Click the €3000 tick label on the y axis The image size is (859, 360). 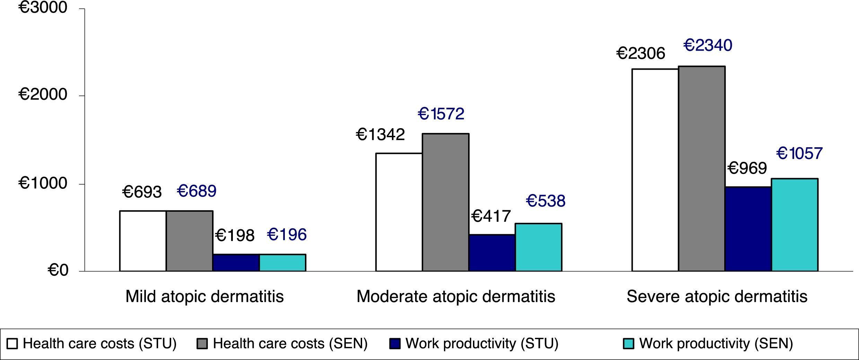coord(43,7)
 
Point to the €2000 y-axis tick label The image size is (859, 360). coord(43,94)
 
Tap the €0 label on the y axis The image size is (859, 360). coord(58,271)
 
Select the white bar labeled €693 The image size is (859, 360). coord(143,241)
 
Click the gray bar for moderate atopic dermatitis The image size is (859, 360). coord(445,202)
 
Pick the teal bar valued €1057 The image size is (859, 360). coord(794,225)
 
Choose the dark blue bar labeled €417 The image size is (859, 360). coord(492,253)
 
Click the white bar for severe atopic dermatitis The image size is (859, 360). coord(655,170)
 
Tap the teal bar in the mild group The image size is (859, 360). coord(282,263)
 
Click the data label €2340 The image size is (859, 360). coord(708,46)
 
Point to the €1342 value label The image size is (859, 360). coord(380,135)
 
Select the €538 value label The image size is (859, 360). coord(545,201)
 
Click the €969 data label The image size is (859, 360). coord(747,169)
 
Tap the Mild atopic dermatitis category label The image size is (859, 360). coord(204,297)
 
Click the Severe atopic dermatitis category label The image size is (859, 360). coord(717,297)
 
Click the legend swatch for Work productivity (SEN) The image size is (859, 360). coord(628,344)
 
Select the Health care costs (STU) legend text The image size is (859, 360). coord(99,344)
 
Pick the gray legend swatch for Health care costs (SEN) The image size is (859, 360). coord(202,344)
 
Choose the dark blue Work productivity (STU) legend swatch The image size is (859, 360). coord(395,344)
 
